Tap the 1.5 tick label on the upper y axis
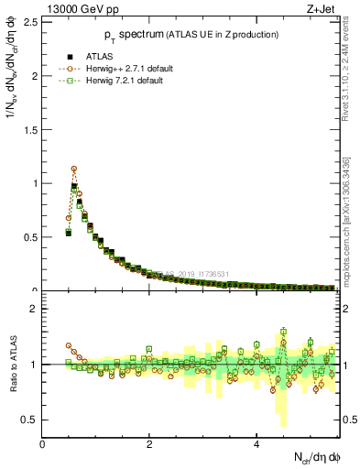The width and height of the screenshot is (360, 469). (x=29, y=128)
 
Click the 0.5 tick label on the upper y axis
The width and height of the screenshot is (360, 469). (x=29, y=236)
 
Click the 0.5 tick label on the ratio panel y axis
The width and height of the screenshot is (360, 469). (x=29, y=420)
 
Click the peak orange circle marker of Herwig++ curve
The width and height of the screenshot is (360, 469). (x=73, y=169)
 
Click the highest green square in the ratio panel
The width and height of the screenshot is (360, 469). (x=284, y=332)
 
